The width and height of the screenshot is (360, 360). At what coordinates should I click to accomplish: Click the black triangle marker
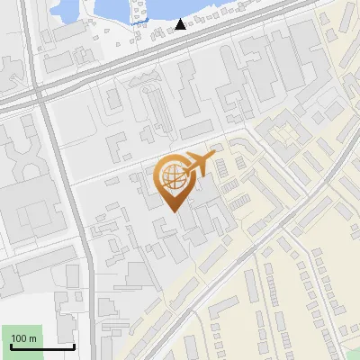[x=181, y=24]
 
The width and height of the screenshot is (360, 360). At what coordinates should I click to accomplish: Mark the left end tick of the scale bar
[x=11, y=345]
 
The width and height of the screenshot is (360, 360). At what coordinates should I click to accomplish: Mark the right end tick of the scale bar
[x=74, y=345]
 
